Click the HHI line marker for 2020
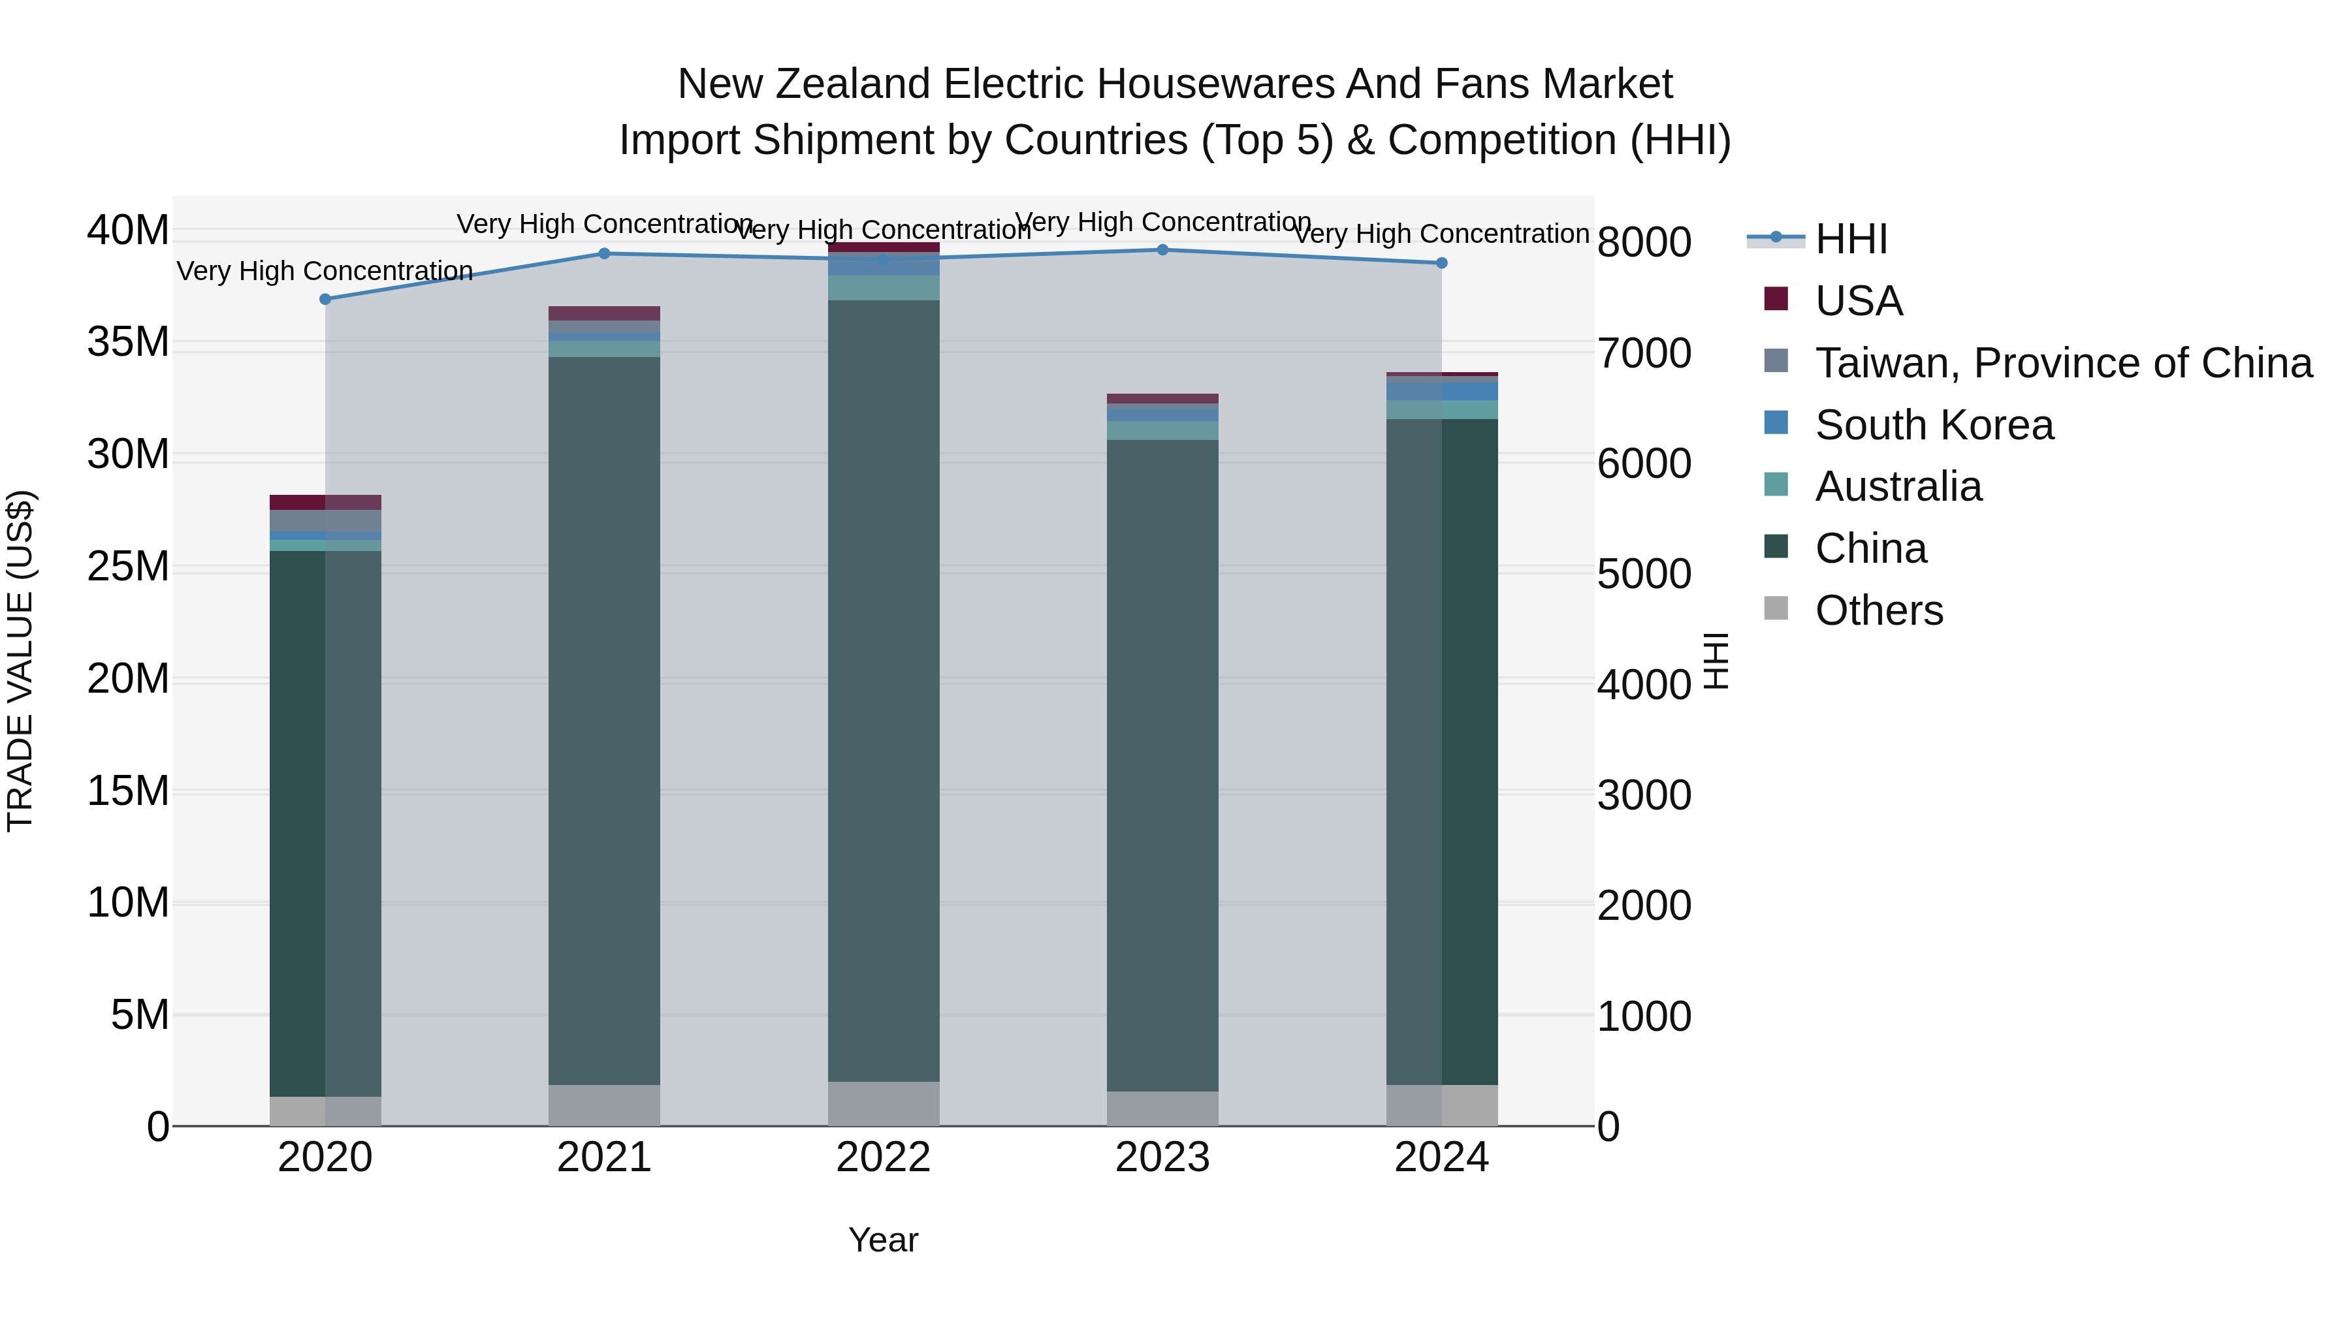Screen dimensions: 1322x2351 point(325,299)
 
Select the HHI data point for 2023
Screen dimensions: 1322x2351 point(1162,249)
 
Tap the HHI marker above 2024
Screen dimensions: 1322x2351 point(1441,262)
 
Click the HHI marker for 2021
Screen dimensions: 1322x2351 point(604,254)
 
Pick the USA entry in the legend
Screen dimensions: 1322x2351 point(1858,301)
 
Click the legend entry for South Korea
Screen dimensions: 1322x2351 point(1933,425)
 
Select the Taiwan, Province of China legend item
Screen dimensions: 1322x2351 point(2062,363)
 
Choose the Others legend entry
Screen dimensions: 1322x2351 point(1878,610)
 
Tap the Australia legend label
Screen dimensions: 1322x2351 point(1898,486)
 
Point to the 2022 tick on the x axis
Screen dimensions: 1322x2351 point(882,1157)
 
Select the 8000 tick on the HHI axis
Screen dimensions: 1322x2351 point(1644,243)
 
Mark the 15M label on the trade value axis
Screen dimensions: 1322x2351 point(128,791)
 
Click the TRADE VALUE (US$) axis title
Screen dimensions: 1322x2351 point(20,661)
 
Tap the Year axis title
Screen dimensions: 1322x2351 point(882,1240)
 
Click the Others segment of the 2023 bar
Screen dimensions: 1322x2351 point(1162,1109)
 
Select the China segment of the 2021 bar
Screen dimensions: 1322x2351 point(604,721)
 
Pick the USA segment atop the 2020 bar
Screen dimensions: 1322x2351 point(325,502)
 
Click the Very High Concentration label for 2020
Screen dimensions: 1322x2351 point(325,271)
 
